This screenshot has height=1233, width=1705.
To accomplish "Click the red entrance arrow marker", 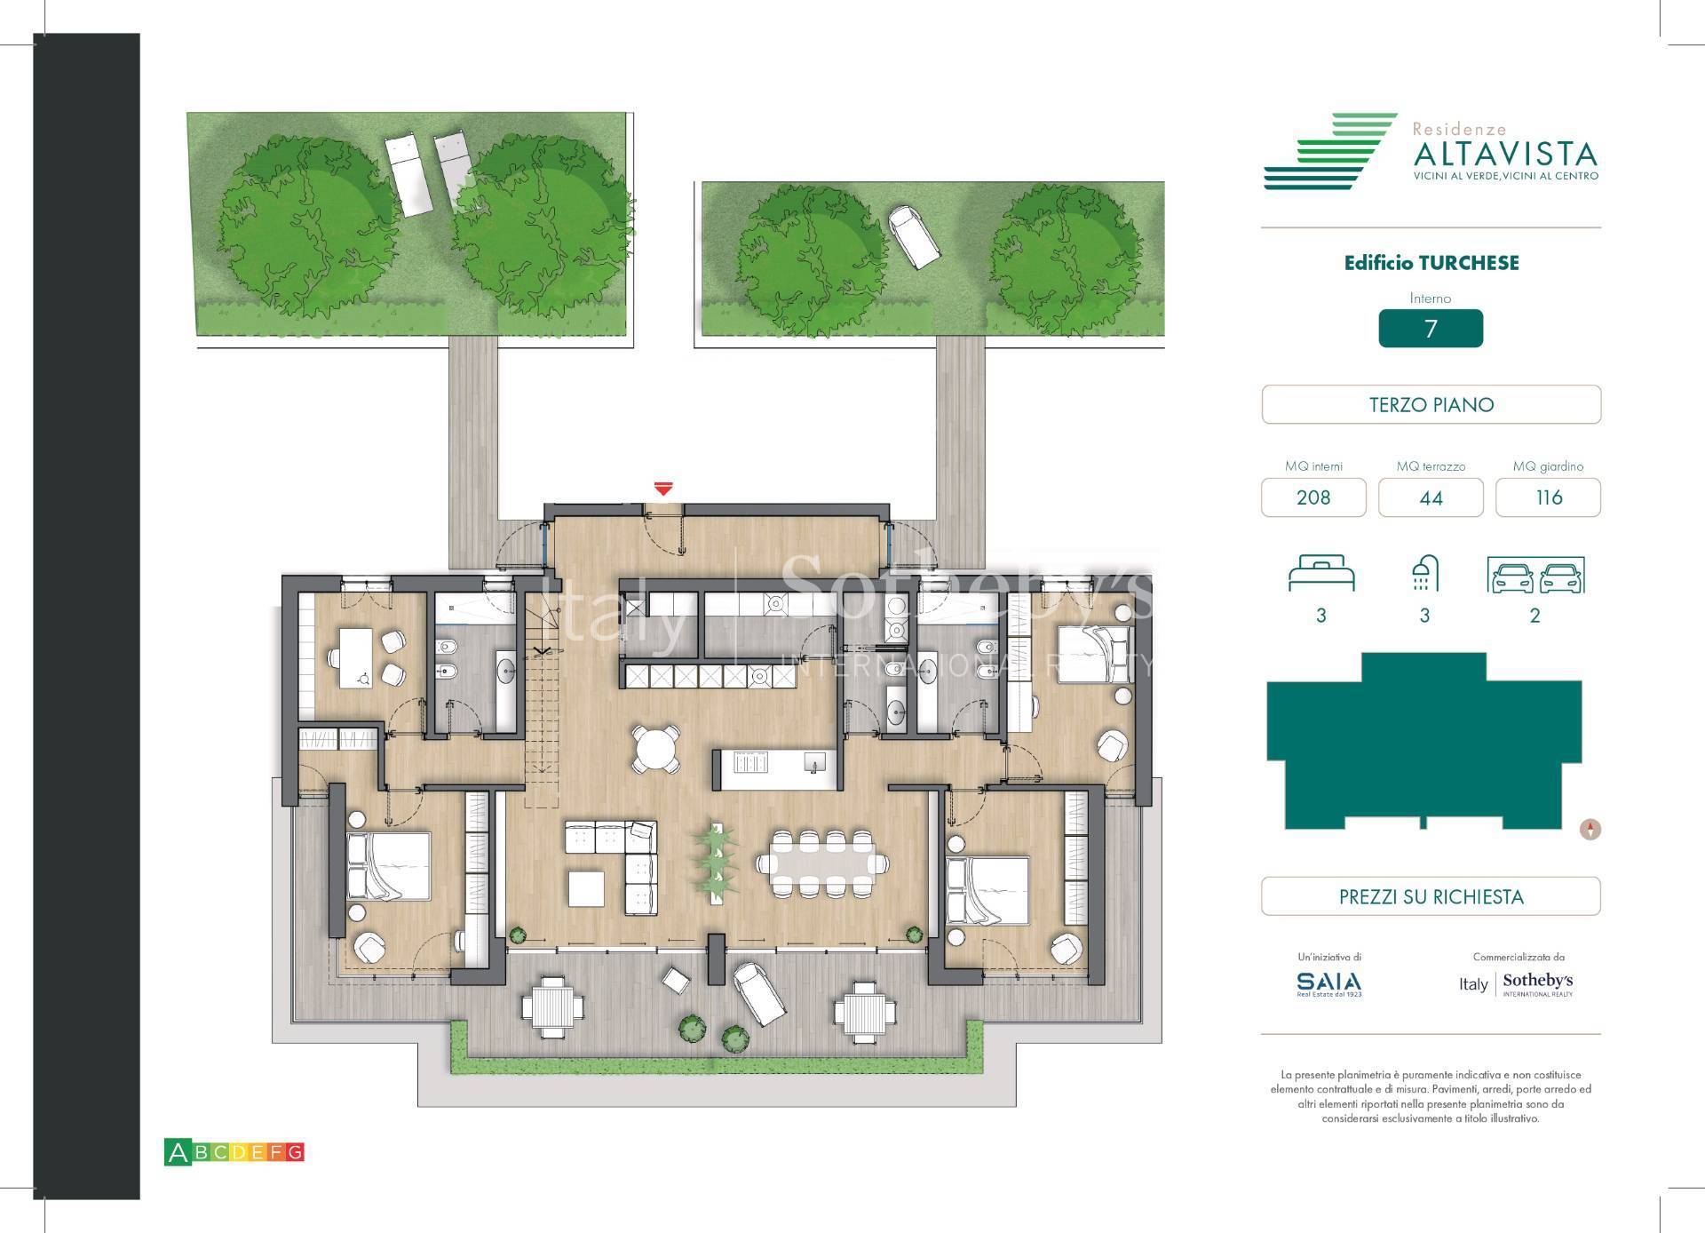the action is (662, 489).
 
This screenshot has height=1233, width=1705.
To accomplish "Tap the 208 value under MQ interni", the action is (1312, 497).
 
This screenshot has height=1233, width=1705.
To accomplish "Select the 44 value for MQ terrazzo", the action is (1431, 497).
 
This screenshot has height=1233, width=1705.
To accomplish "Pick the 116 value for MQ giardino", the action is (1548, 497).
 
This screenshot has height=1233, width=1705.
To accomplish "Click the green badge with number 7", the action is (1430, 329).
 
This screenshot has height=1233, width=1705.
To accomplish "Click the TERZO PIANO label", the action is (1431, 405).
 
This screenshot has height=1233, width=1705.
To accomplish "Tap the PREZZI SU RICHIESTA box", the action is (1431, 896).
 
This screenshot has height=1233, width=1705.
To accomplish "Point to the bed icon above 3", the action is (1321, 574).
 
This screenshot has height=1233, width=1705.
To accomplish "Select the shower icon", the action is (1424, 574).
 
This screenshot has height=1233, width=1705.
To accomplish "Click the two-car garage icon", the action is (1535, 576).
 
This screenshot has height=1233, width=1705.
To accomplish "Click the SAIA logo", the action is (1328, 982).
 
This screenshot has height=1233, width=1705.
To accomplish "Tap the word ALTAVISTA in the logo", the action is (1504, 155).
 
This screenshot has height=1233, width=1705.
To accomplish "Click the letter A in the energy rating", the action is (178, 1153).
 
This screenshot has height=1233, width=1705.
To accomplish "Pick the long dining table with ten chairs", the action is (821, 863).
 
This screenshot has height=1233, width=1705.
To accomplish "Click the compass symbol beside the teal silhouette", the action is (1590, 830).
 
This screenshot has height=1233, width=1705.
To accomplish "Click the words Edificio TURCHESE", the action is (1431, 263).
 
